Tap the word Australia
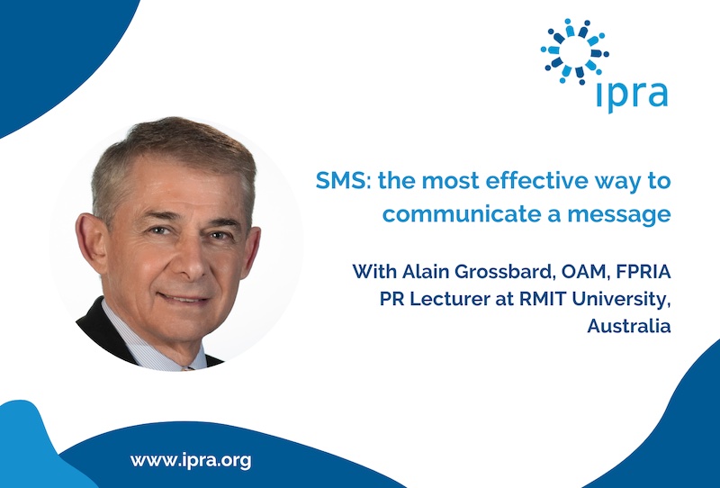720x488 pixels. pyautogui.click(x=629, y=326)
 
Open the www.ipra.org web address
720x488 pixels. pyautogui.click(x=191, y=460)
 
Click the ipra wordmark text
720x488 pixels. pyautogui.click(x=633, y=95)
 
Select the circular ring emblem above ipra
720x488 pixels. pyautogui.click(x=575, y=51)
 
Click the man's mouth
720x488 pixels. pyautogui.click(x=184, y=298)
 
